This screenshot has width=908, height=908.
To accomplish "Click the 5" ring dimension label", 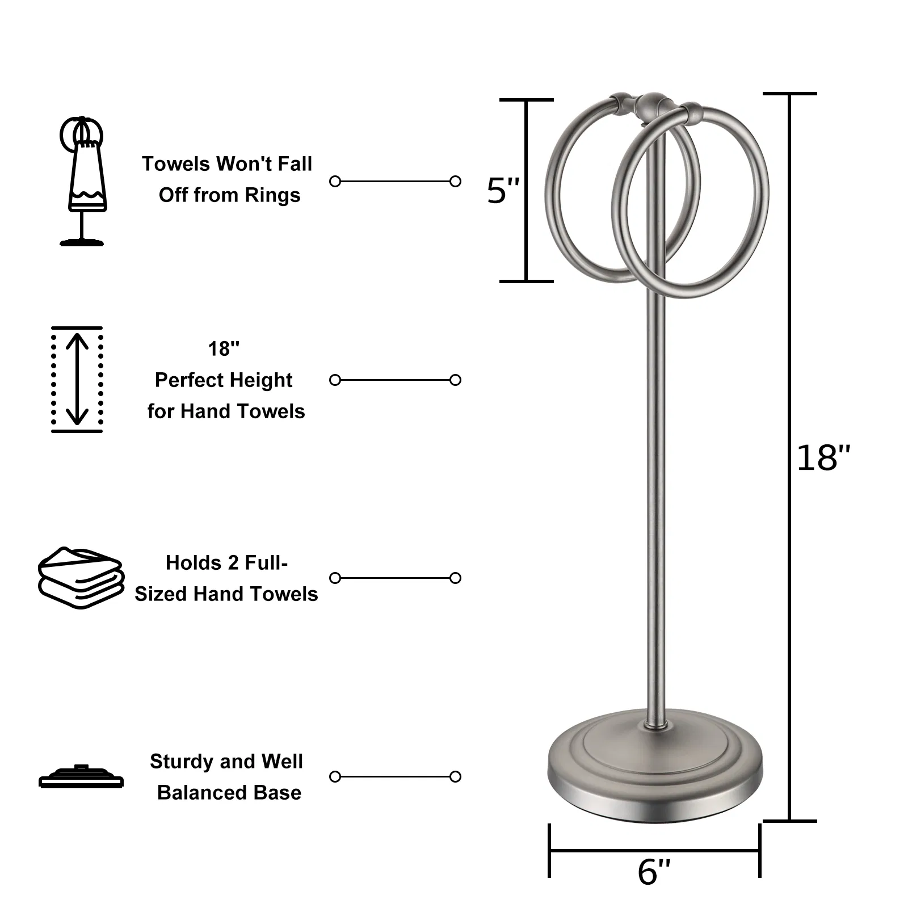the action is [x=503, y=191].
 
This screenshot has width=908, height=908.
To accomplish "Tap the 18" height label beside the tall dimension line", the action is [x=823, y=458].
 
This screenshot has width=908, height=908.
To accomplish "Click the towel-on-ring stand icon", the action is [x=82, y=181].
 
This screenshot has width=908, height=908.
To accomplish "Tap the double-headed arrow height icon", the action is [x=77, y=379].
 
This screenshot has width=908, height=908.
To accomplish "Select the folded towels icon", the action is [x=81, y=578].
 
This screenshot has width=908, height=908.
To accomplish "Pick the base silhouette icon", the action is [x=81, y=776].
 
